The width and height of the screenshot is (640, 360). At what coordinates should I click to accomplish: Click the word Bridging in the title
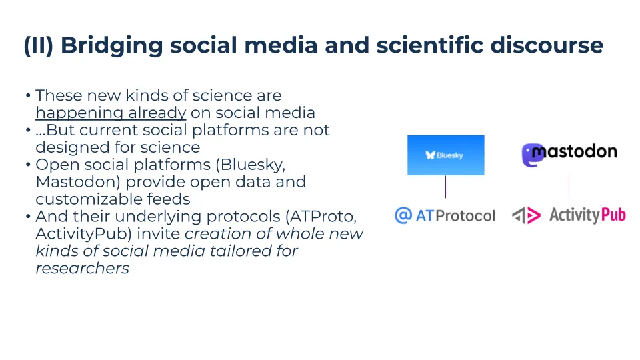112,46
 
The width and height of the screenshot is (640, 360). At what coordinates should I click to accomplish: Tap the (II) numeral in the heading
39,45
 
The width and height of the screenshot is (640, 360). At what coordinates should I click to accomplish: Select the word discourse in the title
547,45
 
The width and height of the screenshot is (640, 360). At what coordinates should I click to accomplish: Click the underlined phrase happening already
111,113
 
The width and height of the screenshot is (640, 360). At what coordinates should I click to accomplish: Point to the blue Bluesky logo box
446,155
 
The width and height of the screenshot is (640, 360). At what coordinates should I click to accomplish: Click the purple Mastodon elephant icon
531,155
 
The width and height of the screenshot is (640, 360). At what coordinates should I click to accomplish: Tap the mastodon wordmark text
575,152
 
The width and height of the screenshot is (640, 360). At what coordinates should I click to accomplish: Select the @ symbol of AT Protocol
403,215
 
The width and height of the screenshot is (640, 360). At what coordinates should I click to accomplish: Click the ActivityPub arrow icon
527,215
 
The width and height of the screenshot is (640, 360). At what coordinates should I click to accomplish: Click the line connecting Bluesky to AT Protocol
446,187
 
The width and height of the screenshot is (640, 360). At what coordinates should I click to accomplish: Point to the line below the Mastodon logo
569,186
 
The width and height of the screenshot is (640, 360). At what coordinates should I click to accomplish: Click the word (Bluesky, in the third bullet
250,165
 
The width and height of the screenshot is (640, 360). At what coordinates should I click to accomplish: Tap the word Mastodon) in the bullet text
78,182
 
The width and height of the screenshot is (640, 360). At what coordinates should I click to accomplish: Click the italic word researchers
83,269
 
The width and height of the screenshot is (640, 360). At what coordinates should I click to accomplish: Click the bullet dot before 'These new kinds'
28,96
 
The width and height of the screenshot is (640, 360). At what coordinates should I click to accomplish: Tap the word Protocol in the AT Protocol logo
465,215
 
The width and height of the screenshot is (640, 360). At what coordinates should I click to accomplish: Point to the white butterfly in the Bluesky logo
430,155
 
